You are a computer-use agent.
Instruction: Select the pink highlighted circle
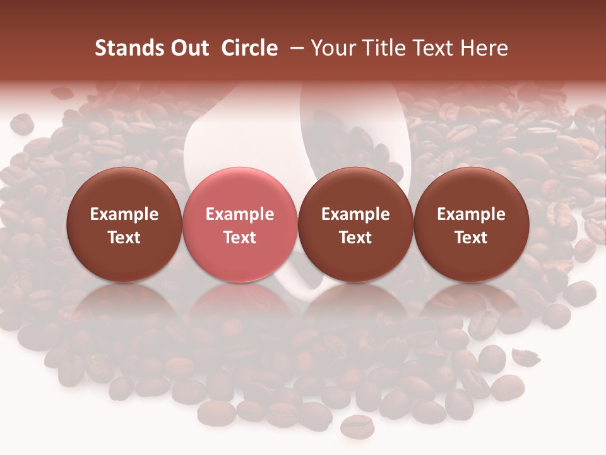point(240,225)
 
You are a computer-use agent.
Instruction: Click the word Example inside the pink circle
point(240,214)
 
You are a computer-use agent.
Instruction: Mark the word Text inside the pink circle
point(240,238)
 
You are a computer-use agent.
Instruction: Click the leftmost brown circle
point(124,225)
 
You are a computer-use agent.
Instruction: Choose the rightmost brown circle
point(471,225)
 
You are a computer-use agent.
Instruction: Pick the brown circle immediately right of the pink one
point(355,225)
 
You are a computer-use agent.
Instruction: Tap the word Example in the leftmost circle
point(124,214)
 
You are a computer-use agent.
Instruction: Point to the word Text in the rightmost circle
point(471,238)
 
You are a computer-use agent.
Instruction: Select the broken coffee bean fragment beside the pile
point(525,357)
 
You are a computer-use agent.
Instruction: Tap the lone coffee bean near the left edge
point(22,123)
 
